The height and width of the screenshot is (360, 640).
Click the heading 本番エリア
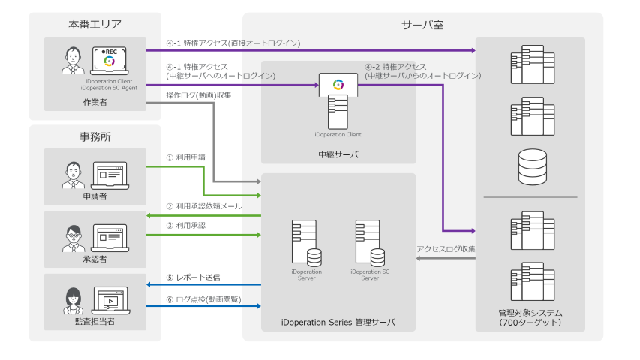tap(95, 25)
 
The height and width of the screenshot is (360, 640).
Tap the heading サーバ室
tap(422, 25)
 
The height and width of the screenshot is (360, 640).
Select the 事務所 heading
tap(95, 137)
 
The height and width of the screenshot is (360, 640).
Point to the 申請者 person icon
tap(72, 175)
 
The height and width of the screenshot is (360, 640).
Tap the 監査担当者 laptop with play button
tap(110, 300)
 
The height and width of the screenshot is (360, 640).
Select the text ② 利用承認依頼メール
tap(204, 206)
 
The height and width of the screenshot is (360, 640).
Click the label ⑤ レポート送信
tap(193, 277)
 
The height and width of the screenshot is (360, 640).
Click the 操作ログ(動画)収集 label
tap(199, 95)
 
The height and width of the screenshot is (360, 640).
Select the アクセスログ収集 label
tap(446, 248)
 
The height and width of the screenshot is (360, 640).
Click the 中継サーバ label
tap(338, 154)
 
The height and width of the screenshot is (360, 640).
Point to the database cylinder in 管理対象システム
tap(533, 166)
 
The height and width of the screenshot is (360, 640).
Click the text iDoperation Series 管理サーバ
tap(338, 322)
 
